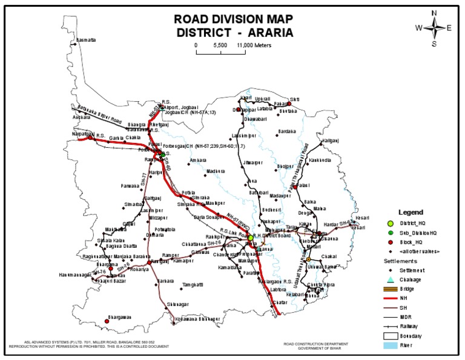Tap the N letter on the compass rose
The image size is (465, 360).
[434, 13]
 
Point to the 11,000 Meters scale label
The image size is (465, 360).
[254, 45]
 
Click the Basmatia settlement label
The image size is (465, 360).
[85, 41]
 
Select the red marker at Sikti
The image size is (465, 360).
[289, 103]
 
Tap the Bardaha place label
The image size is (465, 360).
[287, 130]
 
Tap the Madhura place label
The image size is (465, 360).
[215, 172]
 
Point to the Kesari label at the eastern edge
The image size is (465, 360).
[361, 217]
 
